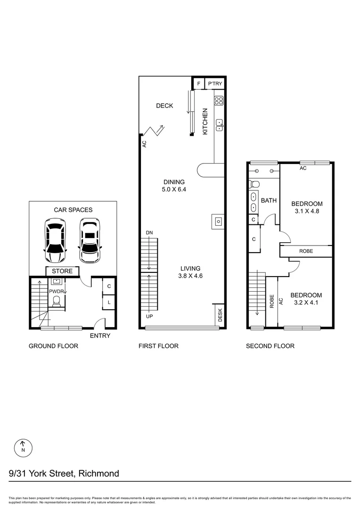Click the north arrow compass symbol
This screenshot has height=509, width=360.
click(23, 446)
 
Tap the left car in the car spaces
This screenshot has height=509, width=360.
click(55, 241)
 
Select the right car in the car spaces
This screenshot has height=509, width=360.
click(90, 240)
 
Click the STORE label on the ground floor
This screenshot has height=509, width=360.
click(62, 271)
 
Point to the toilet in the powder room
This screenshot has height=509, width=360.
click(56, 301)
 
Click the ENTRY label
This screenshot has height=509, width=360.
click(100, 336)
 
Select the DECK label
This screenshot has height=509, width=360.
click(164, 106)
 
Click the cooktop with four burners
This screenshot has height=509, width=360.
click(219, 100)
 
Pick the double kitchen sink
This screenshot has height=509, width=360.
click(220, 124)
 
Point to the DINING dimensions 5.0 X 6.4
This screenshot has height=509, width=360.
click(174, 190)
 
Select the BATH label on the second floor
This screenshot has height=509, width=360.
click(269, 200)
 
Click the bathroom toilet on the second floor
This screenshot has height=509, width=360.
click(254, 184)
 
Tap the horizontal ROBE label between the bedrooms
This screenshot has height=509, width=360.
click(306, 251)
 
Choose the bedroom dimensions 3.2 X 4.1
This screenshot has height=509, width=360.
click(306, 303)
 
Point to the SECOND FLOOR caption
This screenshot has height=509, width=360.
click(270, 346)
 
